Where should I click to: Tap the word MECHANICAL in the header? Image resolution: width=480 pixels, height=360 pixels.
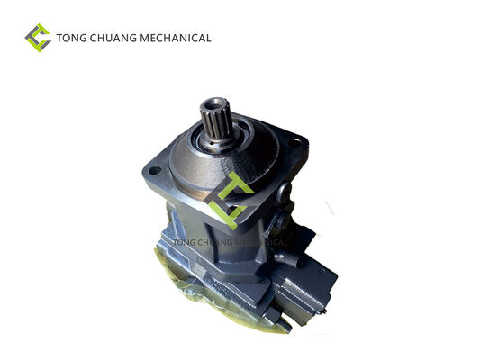pos(176,38)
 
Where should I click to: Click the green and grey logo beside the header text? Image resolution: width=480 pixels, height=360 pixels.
pos(38,38)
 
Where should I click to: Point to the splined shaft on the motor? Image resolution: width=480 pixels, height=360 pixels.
pos(216,122)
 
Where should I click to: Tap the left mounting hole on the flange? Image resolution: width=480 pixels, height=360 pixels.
pos(155,170)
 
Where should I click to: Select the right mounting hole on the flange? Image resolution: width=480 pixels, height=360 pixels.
pos(294,142)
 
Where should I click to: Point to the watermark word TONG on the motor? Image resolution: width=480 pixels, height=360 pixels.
pos(183,242)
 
